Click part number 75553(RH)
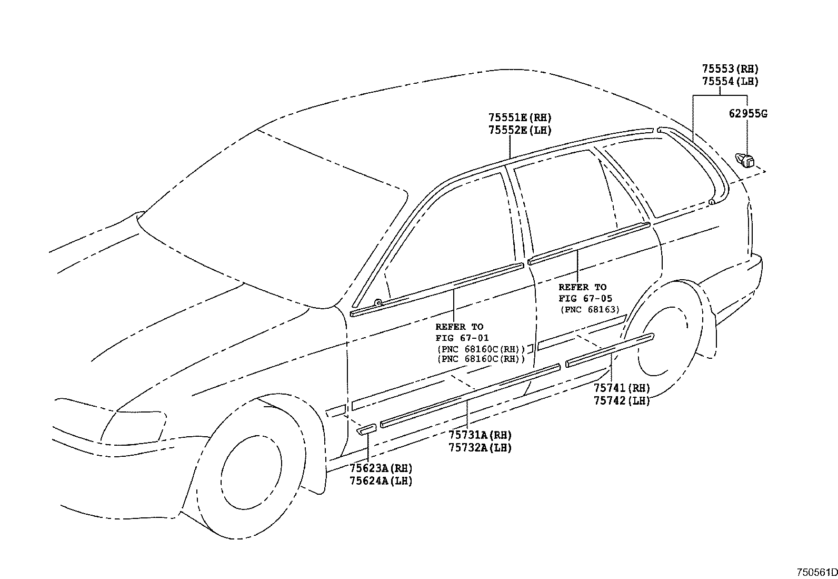coord(730,69)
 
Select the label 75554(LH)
coord(730,82)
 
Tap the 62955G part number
coord(747,114)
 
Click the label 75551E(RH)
coord(520,118)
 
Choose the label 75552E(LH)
coord(520,131)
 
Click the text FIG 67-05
coord(585,299)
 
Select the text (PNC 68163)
coord(590,310)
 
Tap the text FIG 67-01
coord(462,338)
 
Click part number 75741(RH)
coord(622,388)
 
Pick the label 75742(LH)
coord(622,401)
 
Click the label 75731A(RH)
coord(480,435)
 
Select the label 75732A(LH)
coord(480,448)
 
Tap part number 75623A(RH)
coord(381,468)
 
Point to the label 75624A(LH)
coord(381,481)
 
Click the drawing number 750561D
coord(816,572)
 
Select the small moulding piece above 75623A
coord(366,429)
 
